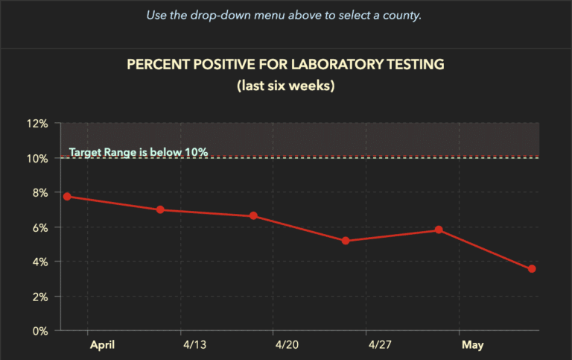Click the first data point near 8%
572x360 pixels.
pyautogui.click(x=67, y=196)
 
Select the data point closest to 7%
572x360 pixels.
pyautogui.click(x=160, y=210)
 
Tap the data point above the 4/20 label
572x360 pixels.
pyautogui.click(x=253, y=216)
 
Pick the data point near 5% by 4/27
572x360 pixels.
pyautogui.click(x=346, y=241)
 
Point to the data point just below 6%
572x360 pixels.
pyautogui.click(x=439, y=230)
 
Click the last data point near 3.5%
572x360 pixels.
pyautogui.click(x=532, y=268)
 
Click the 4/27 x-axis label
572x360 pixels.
pyautogui.click(x=380, y=345)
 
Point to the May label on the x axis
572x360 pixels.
pyautogui.click(x=472, y=345)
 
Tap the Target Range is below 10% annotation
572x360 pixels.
pyautogui.click(x=138, y=152)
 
